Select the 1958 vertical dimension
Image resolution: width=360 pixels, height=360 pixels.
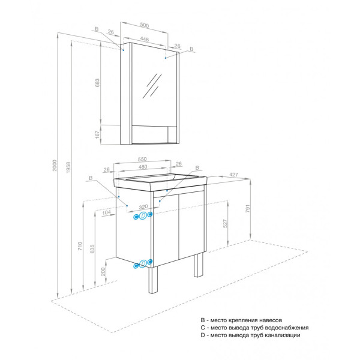(x=68, y=170)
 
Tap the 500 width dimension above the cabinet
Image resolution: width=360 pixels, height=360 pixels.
(x=145, y=25)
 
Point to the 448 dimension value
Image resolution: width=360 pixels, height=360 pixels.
(x=145, y=38)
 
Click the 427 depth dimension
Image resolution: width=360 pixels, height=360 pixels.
(x=235, y=175)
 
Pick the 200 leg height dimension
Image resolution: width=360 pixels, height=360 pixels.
(x=103, y=272)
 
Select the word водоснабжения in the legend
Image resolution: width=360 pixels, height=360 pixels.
(x=287, y=328)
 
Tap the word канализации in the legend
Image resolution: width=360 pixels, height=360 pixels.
(x=280, y=335)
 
